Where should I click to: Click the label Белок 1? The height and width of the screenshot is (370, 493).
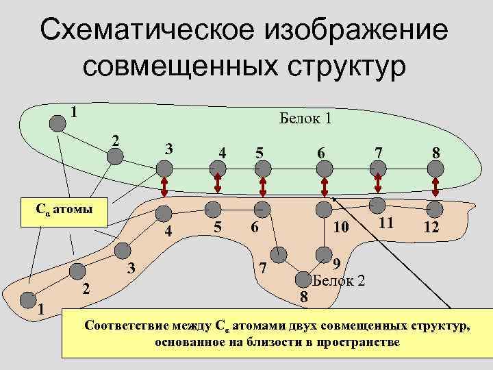(x=305, y=119)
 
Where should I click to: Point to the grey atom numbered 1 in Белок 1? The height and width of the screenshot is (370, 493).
(x=56, y=122)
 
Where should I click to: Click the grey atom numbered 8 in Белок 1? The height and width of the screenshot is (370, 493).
(x=437, y=169)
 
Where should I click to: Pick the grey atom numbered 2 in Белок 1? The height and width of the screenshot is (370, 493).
(x=115, y=156)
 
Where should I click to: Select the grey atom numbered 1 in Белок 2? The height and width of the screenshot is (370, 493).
(x=27, y=300)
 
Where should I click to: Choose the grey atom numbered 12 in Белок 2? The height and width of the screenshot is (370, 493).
(x=435, y=208)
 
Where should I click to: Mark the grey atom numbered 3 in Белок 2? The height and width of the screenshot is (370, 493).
(x=123, y=252)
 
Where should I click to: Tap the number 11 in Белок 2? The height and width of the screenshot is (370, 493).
(x=385, y=222)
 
